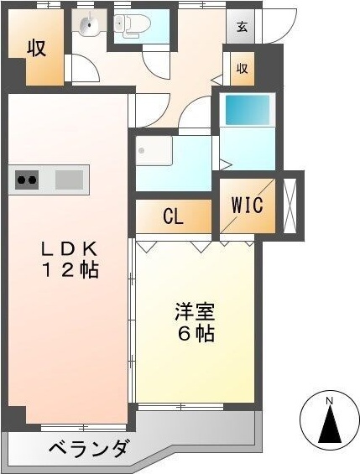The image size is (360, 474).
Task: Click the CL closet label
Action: (174, 216)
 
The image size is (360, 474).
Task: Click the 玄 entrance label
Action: (242, 27)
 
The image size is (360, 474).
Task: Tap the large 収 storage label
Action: (36, 48)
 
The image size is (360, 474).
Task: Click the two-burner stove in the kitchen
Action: (27, 180)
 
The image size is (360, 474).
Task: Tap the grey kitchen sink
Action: (70, 180)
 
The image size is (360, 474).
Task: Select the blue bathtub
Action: (248, 109)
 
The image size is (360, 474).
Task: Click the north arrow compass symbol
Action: (330, 423)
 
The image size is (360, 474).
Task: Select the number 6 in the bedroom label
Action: (184, 333)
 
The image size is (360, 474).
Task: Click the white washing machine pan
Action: (154, 152)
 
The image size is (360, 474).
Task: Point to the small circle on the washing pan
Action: (143, 152)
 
